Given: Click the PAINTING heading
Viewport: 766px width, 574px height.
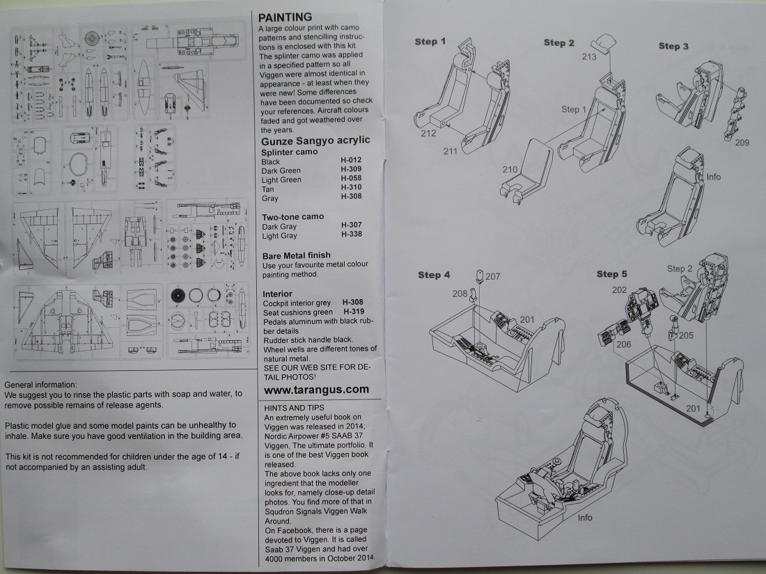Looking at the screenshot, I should tap(285, 17).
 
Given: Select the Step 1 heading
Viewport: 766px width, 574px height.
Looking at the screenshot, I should tap(430, 42).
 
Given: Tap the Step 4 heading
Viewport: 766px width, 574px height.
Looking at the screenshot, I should tap(434, 275).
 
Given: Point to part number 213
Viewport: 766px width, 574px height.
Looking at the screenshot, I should tap(588, 57).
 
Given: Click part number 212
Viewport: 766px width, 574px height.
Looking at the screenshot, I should tap(428, 134).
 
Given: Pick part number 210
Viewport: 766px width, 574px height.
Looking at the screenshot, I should tap(510, 170).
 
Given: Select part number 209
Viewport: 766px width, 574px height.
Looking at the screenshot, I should tap(742, 142).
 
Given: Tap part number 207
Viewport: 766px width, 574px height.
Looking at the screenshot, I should tap(493, 276).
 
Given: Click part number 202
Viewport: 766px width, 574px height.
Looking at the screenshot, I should tap(619, 289).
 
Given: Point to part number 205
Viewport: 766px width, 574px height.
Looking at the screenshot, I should tap(686, 335).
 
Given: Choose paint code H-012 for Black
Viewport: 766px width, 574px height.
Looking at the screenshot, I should tap(351, 161).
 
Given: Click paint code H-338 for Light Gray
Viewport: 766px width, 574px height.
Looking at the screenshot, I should tap(351, 235).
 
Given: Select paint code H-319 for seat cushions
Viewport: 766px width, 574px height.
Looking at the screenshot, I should tap(354, 312).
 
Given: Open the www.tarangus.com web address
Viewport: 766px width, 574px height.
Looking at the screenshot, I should tap(316, 390).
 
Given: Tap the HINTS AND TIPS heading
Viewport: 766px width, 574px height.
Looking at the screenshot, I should tap(294, 407).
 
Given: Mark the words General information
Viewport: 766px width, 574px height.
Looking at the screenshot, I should tap(41, 385).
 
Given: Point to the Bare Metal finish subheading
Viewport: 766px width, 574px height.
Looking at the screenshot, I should tap(296, 255).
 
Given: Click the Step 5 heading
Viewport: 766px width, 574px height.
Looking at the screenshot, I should tap(612, 274).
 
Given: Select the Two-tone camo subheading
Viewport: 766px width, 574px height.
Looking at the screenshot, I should tap(292, 216).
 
